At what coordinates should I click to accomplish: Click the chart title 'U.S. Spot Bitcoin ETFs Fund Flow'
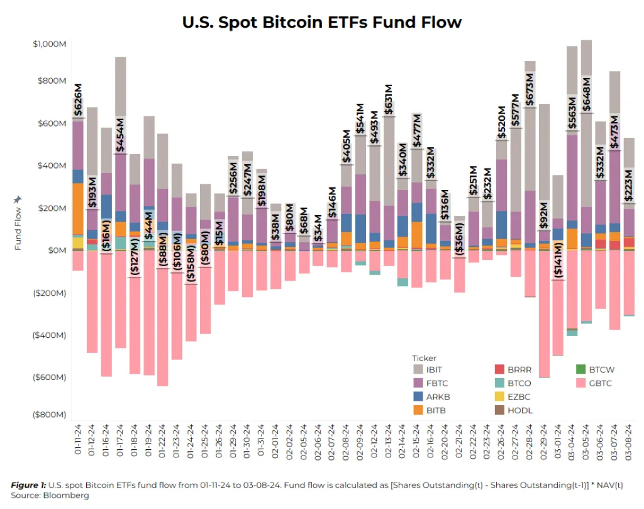(322, 22)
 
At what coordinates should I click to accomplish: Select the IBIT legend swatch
(418, 369)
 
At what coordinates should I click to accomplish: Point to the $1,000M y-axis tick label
(49, 44)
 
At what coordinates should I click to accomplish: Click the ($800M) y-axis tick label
(49, 415)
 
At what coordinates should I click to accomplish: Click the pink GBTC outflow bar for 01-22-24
(163, 327)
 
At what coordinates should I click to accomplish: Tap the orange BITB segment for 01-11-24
(78, 208)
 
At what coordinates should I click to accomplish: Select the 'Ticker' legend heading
(424, 358)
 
